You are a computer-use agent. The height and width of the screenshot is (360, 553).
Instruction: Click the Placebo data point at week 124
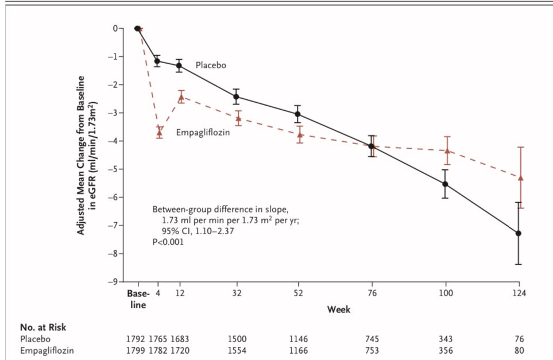click(519, 233)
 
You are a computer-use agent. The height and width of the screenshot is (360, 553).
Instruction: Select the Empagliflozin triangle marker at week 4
click(159, 132)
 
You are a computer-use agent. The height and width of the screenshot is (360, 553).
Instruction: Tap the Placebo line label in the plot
click(211, 65)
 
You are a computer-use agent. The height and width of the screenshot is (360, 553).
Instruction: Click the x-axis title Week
click(339, 309)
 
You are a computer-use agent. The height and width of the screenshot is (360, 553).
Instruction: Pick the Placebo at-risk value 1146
click(297, 339)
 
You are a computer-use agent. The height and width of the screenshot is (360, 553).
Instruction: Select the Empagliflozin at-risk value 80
click(519, 349)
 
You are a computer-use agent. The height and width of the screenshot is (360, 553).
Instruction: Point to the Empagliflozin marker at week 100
click(446, 150)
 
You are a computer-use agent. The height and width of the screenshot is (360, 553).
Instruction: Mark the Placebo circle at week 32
click(236, 96)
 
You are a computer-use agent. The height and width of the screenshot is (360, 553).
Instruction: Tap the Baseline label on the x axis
click(137, 298)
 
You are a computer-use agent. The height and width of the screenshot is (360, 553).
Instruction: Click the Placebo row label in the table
click(33, 339)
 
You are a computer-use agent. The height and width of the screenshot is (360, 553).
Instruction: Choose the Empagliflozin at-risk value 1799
click(137, 349)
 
